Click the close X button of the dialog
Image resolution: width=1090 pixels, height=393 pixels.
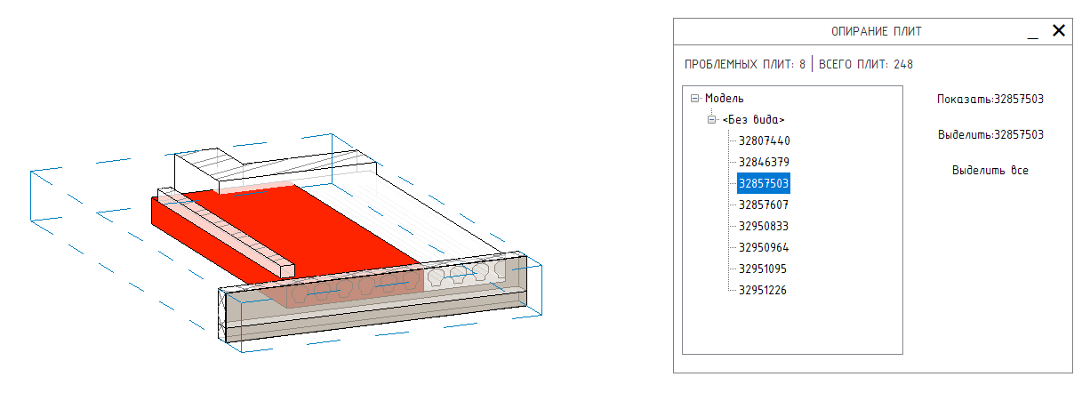coord(1058,30)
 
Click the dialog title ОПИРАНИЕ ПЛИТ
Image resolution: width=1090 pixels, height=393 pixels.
coord(876,32)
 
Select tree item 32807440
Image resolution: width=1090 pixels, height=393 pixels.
coord(764,141)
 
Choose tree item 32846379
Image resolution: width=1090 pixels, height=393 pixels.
coord(764,163)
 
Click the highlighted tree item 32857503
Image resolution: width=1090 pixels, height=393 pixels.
coord(764,183)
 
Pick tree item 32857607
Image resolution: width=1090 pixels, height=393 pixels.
coord(764,205)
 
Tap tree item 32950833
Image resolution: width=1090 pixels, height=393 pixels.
coord(764,227)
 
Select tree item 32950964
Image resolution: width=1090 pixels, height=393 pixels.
coord(764,248)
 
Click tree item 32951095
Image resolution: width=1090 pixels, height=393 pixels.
coord(763,269)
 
